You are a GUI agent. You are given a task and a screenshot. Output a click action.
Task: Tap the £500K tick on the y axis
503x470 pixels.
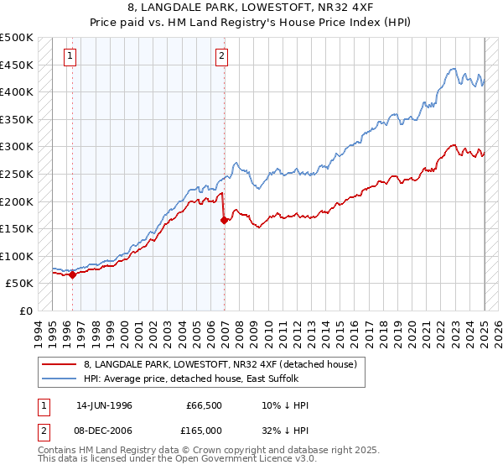coord(17,38)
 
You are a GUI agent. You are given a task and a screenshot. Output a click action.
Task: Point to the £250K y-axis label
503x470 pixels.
coord(17,174)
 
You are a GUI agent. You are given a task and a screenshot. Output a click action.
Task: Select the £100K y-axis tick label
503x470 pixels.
coord(17,256)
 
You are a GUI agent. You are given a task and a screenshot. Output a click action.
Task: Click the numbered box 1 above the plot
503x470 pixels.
coord(69,57)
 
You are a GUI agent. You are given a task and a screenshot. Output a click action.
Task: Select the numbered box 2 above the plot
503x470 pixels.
coord(221,57)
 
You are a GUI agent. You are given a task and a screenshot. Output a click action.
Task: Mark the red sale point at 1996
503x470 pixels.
coord(73,274)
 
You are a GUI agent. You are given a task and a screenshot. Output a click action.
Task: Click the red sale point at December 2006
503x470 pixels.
coord(225,221)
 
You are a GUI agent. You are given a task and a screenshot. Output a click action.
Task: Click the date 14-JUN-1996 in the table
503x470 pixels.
coord(104,405)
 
